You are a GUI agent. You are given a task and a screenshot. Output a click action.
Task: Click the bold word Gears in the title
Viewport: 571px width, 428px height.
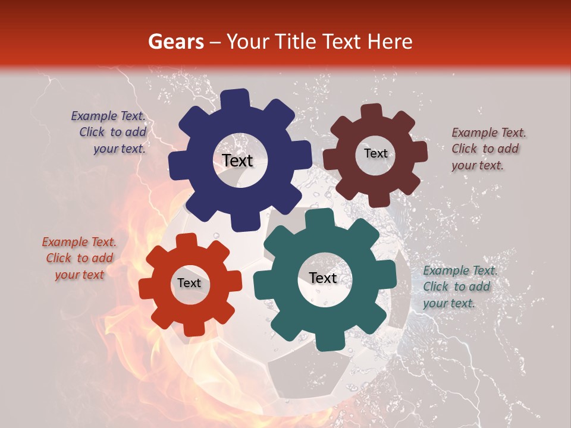pyautogui.click(x=176, y=42)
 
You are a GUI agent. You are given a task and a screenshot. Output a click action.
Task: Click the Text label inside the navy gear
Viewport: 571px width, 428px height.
pyautogui.click(x=237, y=160)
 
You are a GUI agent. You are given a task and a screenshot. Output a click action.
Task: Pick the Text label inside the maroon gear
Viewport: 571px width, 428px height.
pyautogui.click(x=375, y=153)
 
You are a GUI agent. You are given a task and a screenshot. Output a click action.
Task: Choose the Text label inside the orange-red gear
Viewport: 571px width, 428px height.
pyautogui.click(x=189, y=283)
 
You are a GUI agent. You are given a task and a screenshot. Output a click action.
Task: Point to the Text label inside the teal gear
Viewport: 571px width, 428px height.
pyautogui.click(x=322, y=278)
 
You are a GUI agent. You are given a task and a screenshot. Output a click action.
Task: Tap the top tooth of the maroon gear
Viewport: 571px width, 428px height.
pyautogui.click(x=372, y=111)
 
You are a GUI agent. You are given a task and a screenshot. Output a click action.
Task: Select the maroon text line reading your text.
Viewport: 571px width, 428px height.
pyautogui.click(x=477, y=166)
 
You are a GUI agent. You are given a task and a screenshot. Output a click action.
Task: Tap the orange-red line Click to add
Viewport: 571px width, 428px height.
pyautogui.click(x=79, y=258)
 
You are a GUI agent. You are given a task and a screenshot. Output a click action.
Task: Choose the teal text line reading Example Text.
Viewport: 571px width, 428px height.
pyautogui.click(x=460, y=271)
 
